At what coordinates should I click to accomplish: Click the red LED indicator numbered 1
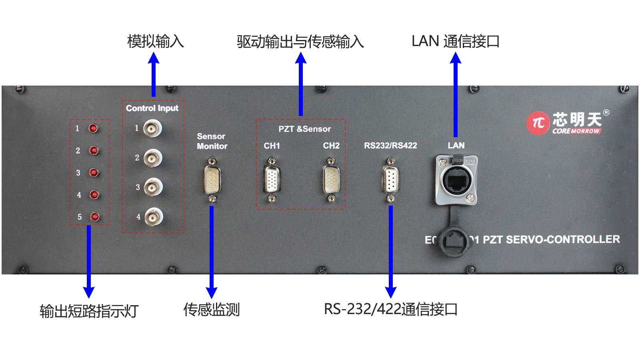point(93,128)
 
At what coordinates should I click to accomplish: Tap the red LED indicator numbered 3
point(94,173)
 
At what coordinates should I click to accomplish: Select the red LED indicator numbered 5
point(94,217)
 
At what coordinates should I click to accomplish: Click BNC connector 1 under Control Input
point(152,128)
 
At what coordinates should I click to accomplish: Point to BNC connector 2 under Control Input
point(152,158)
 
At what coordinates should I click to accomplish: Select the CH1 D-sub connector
point(272,180)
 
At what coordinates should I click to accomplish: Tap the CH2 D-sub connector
point(331,180)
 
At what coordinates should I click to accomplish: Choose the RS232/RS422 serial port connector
point(390,180)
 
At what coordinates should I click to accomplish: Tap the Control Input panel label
point(152,108)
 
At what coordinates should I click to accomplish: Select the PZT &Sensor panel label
point(305,129)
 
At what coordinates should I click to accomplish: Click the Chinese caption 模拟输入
point(155,41)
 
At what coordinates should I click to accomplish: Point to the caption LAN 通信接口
point(456,41)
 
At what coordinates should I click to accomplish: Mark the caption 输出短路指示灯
point(89,311)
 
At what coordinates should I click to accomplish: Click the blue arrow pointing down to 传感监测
point(212,252)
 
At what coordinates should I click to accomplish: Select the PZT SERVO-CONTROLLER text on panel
point(551,240)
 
